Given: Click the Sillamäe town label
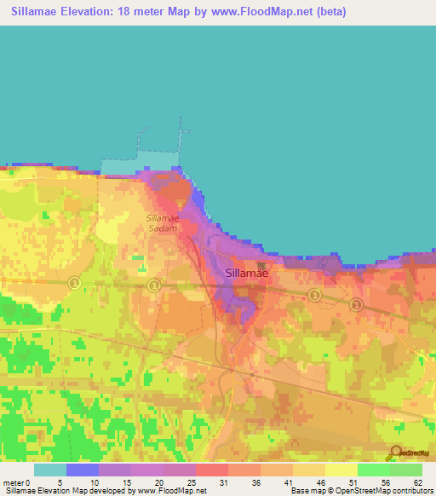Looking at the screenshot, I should click(x=248, y=273).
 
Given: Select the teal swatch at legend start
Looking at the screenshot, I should click(x=49, y=470).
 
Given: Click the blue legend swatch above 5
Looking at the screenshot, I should click(x=82, y=470).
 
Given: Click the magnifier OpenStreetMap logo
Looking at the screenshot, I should click(x=394, y=453).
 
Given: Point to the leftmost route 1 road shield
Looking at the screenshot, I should click(x=74, y=283).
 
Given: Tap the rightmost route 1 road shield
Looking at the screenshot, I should click(x=356, y=304).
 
